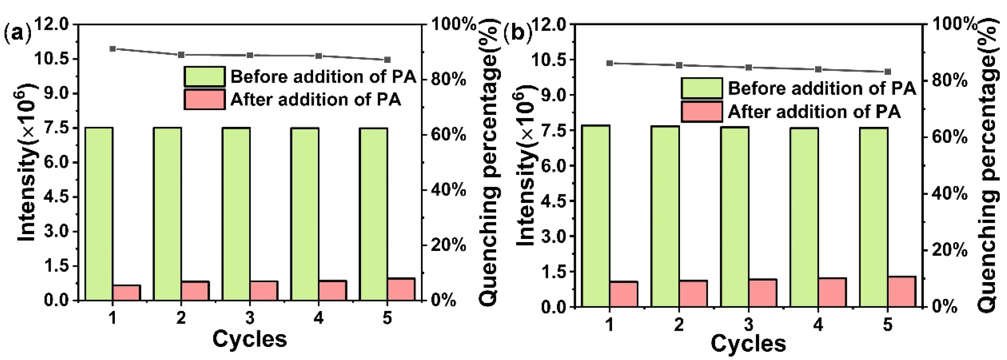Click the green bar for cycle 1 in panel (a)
[99, 214]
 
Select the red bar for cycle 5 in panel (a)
[401, 289]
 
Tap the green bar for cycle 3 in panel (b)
[735, 216]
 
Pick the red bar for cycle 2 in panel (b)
[693, 293]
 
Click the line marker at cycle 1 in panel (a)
[113, 49]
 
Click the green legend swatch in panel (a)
[204, 76]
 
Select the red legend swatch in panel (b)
[702, 112]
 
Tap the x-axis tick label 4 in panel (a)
[319, 318]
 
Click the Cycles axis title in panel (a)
[250, 339]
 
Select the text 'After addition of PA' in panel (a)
[316, 100]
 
